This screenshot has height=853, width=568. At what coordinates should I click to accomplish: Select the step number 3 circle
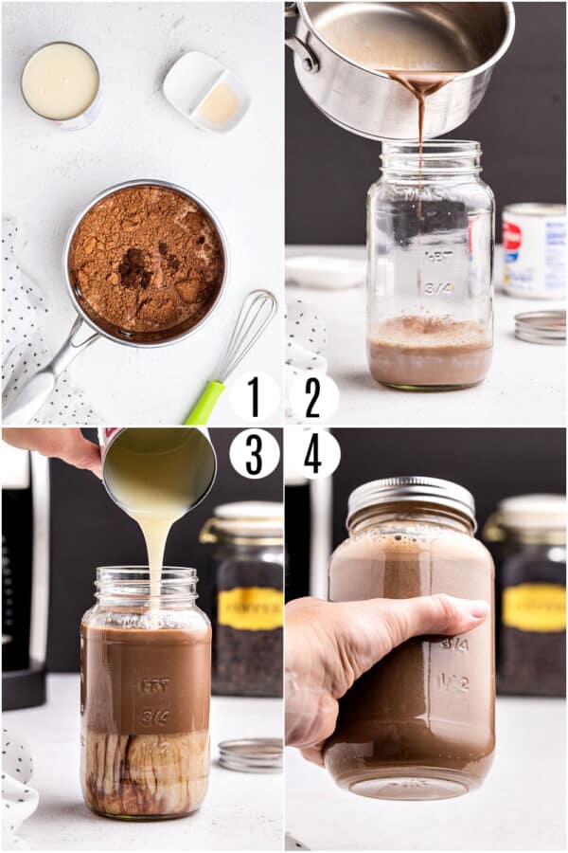click(254, 454)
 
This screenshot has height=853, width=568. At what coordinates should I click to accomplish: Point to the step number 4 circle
click(313, 454)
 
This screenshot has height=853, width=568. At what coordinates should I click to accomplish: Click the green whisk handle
click(204, 403)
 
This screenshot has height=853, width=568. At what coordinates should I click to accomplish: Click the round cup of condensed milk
click(61, 82)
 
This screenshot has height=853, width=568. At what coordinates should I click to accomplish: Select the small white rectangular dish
click(205, 91)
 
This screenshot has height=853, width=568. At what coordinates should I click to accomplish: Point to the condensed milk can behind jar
click(534, 250)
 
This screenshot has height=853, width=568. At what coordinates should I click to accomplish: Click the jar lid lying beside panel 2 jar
click(541, 326)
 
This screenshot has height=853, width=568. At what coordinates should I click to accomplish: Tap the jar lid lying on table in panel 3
click(251, 754)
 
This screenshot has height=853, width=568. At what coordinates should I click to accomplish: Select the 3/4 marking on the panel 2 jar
click(438, 287)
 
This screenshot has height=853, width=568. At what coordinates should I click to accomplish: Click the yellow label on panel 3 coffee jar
click(250, 608)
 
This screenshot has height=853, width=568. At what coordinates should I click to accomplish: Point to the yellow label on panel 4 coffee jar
click(534, 607)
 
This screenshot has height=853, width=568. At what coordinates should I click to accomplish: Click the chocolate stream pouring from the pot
click(420, 142)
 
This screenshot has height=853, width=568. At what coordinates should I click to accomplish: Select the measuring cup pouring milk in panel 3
click(158, 469)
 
